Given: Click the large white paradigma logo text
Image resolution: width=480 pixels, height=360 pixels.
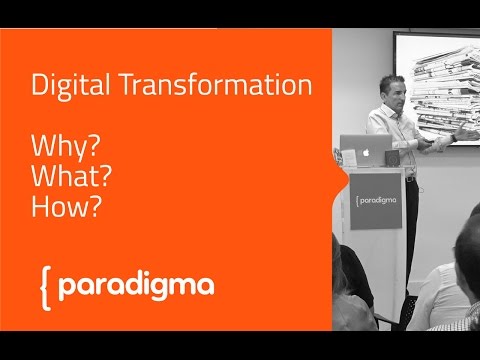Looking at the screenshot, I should coord(136,286).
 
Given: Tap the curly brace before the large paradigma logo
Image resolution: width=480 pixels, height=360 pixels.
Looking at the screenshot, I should coord(43,287).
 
